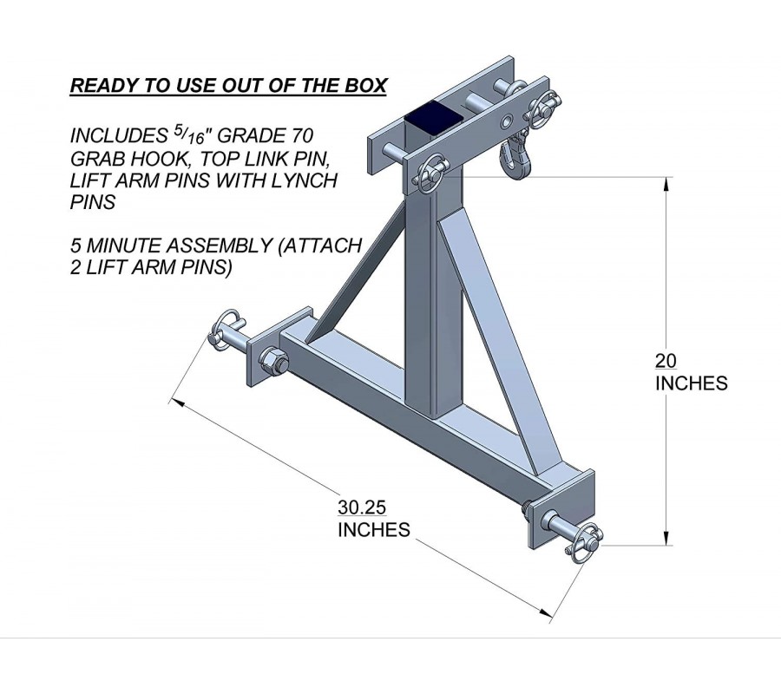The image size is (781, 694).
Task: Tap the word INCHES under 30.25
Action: point(373,529)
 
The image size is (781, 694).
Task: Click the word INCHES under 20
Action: point(692,383)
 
